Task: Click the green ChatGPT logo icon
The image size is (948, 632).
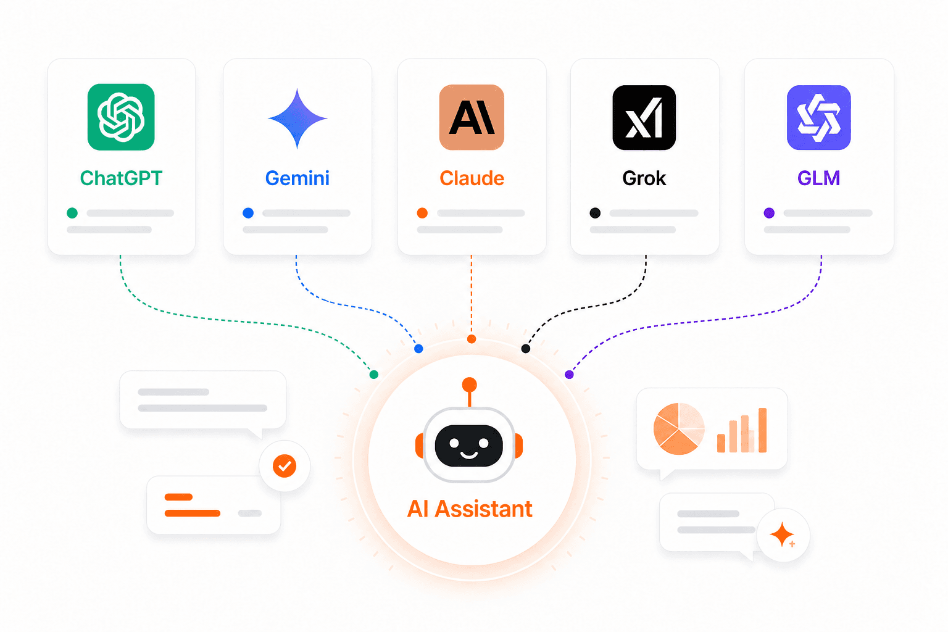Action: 121,117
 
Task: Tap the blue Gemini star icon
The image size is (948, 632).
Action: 297,118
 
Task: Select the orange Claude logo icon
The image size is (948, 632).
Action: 472,117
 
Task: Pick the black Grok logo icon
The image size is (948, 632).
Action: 644,117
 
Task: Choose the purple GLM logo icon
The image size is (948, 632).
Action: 819,117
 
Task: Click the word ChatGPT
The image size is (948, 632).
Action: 121,178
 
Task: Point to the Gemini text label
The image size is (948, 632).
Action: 297,178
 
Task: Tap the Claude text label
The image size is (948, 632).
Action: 472,178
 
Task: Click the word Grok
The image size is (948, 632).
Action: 644,178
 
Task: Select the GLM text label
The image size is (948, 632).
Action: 819,178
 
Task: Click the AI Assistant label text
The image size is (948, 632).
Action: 470,509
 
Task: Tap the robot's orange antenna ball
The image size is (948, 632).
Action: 469,385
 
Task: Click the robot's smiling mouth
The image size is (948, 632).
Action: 469,455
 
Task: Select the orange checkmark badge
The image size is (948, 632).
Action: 285,466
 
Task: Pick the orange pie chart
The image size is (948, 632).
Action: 679,429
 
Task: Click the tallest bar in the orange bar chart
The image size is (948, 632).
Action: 763,430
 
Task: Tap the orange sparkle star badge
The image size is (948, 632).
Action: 783,534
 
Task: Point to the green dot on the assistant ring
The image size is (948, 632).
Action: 373,374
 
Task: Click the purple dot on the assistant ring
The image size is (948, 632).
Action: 569,374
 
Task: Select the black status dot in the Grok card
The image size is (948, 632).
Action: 595,213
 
